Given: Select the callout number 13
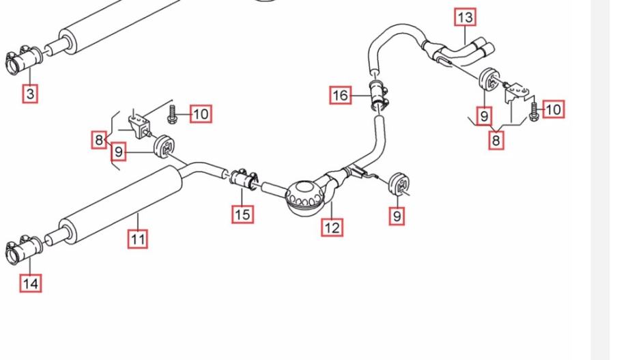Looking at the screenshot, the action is [x=465, y=17].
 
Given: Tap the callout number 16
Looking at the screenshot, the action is [x=341, y=95].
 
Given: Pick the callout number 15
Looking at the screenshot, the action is [x=242, y=214].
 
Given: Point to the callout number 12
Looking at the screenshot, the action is [x=332, y=227].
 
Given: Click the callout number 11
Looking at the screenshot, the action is [x=138, y=238].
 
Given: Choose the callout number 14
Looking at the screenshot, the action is [x=30, y=282].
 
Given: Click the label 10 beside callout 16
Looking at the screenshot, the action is [x=200, y=114].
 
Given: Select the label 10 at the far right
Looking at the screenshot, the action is [x=553, y=109].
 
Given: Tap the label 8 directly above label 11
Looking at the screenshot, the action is [x=100, y=141].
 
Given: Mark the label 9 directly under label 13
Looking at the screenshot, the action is [x=484, y=116].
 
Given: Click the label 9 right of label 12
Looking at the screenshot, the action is [x=397, y=216].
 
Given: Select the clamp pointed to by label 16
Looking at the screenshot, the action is [x=377, y=94].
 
